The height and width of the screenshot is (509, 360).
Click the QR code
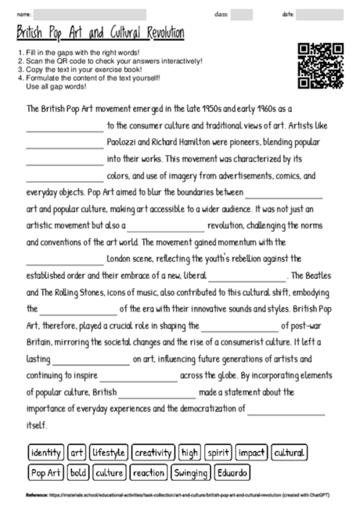pos(321,65)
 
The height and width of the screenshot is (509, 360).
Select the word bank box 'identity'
pos(45,453)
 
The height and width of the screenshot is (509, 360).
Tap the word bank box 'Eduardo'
pos(232,473)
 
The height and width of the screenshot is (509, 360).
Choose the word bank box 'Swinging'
pos(191,473)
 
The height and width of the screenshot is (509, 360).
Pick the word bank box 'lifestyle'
pos(109,453)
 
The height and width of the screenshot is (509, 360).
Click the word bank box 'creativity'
pos(153,453)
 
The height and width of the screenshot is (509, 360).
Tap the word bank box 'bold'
pos(79,473)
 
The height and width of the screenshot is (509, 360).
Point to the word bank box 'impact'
pos(252,453)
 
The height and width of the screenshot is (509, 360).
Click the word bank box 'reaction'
pos(149,473)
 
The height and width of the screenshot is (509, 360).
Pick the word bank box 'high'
pos(189,453)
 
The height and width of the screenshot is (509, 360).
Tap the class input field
pos(242,14)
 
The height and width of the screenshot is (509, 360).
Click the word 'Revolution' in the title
pos(158,33)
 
